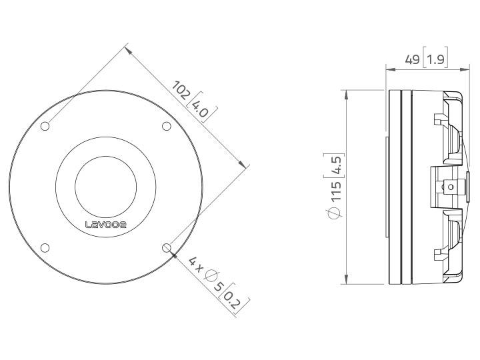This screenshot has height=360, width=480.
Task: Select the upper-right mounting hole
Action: [x=166, y=127]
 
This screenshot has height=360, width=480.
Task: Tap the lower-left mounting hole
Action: [x=45, y=248]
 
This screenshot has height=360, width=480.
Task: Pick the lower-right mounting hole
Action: [x=166, y=248]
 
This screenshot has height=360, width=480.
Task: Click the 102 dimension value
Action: [x=180, y=89]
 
